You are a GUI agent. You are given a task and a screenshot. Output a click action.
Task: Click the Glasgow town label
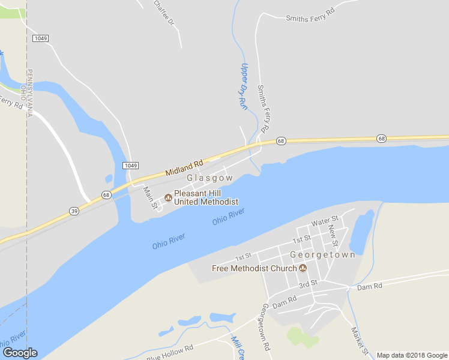tap(209, 178)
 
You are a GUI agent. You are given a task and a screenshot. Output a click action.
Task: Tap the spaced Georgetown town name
tap(322, 254)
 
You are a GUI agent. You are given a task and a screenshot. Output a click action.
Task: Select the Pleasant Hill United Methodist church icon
tap(168, 197)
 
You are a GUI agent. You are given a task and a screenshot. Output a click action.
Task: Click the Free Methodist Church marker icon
tap(303, 268)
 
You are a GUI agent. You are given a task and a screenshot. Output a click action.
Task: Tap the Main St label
tap(150, 198)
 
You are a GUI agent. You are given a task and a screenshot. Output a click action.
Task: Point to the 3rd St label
tap(308, 283)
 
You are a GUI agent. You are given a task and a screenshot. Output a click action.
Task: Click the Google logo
tap(20, 353)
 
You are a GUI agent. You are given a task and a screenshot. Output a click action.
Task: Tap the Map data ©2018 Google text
tap(411, 355)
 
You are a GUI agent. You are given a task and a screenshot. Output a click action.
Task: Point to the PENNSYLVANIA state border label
tap(30, 92)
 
